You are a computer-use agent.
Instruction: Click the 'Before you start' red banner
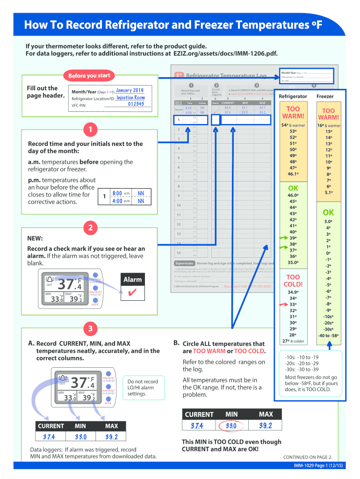[x=89, y=75]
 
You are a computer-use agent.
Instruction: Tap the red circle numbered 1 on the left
[x=89, y=129]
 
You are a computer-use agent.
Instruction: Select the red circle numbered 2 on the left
[x=89, y=228]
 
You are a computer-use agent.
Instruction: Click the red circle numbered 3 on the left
[x=89, y=329]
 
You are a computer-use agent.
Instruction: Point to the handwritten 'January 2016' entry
[x=130, y=90]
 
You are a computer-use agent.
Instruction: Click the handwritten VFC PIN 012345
[x=137, y=105]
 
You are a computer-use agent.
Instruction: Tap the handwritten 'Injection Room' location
[x=130, y=98]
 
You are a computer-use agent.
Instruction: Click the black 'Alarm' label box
[x=132, y=280]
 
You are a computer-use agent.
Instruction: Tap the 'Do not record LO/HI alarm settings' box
[x=143, y=388]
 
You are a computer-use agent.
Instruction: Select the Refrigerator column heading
[x=293, y=96]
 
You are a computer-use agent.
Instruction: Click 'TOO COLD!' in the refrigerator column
[x=293, y=281]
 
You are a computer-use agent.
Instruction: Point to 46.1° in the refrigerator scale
[x=293, y=174]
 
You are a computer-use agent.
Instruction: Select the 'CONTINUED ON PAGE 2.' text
[x=308, y=457]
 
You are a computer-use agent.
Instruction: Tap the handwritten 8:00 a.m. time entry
[x=117, y=193]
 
